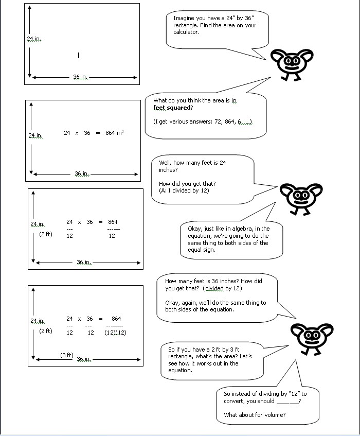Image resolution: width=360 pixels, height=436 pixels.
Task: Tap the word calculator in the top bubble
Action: (186, 32)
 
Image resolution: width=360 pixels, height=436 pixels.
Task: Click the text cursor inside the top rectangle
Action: (79, 55)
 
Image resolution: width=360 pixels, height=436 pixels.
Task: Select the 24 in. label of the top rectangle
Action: (34, 39)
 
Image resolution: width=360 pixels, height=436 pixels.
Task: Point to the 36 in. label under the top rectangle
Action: (80, 77)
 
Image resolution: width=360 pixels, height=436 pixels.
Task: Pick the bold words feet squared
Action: (172, 108)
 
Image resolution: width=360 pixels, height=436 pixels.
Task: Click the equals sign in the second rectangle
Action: (98, 133)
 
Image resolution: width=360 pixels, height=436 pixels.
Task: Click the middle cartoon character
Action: (301, 198)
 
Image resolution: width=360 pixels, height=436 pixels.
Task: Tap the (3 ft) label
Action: (67, 355)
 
